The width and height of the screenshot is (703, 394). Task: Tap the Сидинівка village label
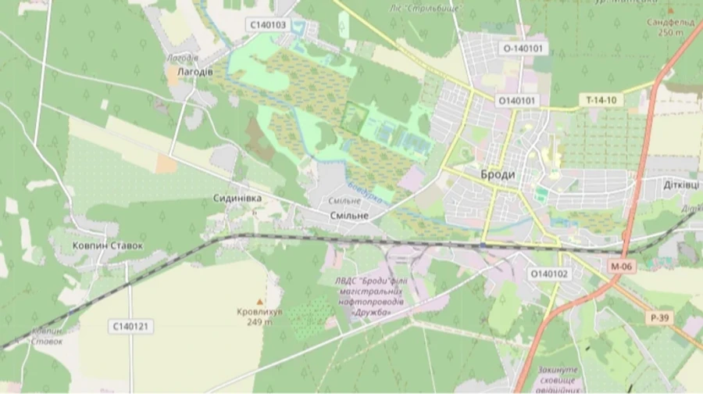coord(237,199)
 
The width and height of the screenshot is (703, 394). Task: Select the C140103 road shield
coord(268,25)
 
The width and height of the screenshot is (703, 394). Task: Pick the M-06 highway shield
coord(620,267)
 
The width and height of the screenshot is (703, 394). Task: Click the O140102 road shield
coord(550,274)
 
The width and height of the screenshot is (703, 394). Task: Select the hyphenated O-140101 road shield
coord(523,48)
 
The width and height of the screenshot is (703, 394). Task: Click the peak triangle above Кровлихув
coord(260,301)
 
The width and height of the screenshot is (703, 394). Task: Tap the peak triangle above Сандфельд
coord(670,11)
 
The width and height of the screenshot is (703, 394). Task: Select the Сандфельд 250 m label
coord(669,27)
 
